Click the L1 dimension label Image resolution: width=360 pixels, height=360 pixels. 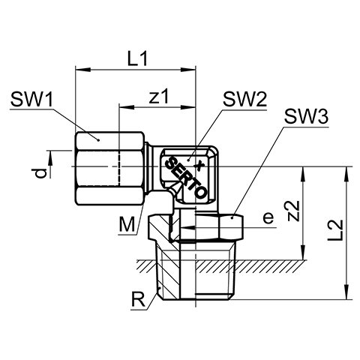click(138, 59)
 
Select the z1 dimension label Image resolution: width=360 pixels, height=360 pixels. click(159, 97)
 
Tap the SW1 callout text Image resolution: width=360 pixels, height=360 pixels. click(31, 99)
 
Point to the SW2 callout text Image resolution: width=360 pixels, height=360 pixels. click(245, 99)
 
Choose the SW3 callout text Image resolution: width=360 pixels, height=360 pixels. click(307, 117)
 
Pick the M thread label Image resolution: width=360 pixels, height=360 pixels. click(127, 224)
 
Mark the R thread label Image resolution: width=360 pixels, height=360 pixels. click(138, 299)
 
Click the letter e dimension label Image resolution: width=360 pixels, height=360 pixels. click(268, 217)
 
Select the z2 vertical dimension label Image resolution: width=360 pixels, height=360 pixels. click(293, 211)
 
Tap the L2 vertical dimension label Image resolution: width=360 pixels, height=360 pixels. click(335, 230)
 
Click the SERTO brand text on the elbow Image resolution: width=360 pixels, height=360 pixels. click(186, 177)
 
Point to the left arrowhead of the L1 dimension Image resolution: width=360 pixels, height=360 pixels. click(82, 70)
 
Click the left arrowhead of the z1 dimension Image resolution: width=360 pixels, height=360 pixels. click(127, 107)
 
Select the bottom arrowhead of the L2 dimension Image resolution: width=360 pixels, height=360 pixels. click(346, 292)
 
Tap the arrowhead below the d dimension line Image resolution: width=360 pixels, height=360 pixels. click(50, 158)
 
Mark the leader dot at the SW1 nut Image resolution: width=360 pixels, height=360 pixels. click(98, 140)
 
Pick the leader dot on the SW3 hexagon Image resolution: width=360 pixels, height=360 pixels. click(232, 218)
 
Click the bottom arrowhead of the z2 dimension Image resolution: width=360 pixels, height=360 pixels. click(303, 253)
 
